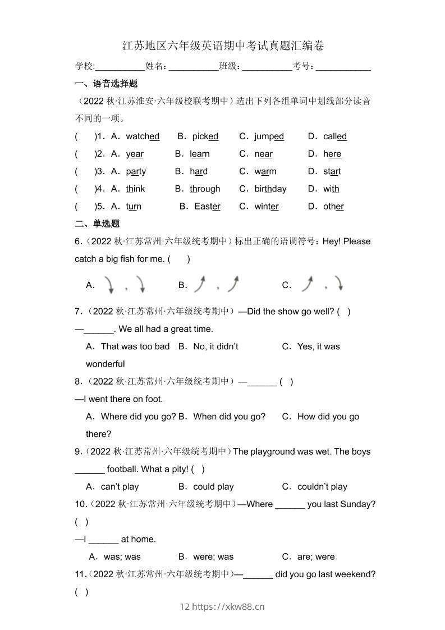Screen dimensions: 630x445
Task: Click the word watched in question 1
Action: coord(143,136)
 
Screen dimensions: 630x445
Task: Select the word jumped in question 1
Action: coord(269,136)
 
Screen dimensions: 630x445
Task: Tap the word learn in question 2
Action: coord(200,154)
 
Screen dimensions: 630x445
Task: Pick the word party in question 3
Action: coord(136,171)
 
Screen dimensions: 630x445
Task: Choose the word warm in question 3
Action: coord(265,171)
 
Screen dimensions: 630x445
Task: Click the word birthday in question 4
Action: coord(270,189)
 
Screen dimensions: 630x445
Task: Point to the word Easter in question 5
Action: coord(207,206)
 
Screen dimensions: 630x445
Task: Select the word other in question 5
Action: coord(333,206)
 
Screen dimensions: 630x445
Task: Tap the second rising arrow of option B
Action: coord(233,284)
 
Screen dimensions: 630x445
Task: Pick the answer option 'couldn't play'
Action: coord(322,487)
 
